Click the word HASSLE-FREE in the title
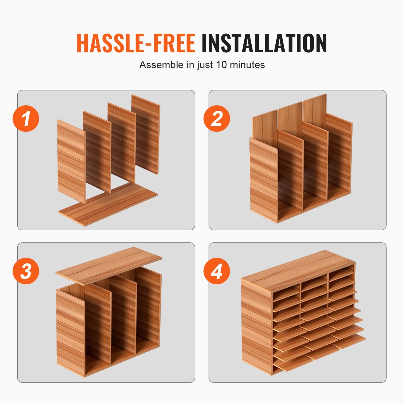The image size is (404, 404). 136,43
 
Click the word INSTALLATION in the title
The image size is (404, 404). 264,43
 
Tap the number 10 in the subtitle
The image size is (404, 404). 221,65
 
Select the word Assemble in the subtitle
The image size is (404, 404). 161,65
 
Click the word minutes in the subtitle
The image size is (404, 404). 247,65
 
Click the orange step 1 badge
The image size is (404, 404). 26,119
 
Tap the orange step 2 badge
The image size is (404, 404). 217,119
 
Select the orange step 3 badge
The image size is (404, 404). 26,271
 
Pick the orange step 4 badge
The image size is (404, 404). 217,271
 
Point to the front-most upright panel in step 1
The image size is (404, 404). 71,161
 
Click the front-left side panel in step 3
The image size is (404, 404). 70,333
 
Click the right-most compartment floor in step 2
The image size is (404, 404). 338,193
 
